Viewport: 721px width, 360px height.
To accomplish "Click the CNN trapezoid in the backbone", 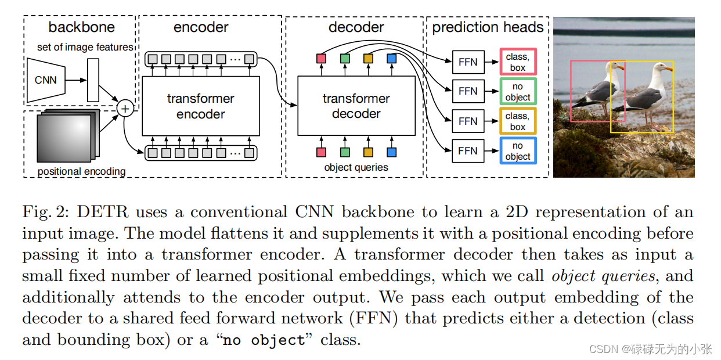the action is [46, 80].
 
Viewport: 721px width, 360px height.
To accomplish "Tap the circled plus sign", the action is [125, 109].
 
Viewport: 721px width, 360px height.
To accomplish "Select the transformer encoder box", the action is [201, 106].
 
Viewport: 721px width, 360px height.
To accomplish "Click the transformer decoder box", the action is [356, 106].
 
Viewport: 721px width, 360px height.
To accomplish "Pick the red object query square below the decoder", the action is [321, 152].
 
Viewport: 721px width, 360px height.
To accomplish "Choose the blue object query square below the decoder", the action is [392, 152].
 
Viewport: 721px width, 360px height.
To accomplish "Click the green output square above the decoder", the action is [345, 59].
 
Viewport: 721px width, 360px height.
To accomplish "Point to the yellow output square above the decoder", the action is [368, 59].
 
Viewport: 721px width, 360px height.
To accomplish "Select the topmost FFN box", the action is [468, 62].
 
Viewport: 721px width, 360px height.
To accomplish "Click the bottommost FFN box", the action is [468, 151].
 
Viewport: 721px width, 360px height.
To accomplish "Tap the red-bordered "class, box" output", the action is [518, 62].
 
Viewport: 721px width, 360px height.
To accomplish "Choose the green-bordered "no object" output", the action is [518, 91].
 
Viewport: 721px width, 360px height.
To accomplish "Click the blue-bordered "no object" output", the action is [518, 151].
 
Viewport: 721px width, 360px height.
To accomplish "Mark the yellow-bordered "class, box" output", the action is [518, 121].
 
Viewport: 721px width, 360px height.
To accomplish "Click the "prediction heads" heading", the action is [488, 27].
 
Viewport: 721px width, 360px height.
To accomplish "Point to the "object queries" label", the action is [356, 167].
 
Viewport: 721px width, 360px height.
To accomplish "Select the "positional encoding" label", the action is [81, 171].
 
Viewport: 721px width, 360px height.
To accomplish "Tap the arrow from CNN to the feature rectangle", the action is [76, 80].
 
